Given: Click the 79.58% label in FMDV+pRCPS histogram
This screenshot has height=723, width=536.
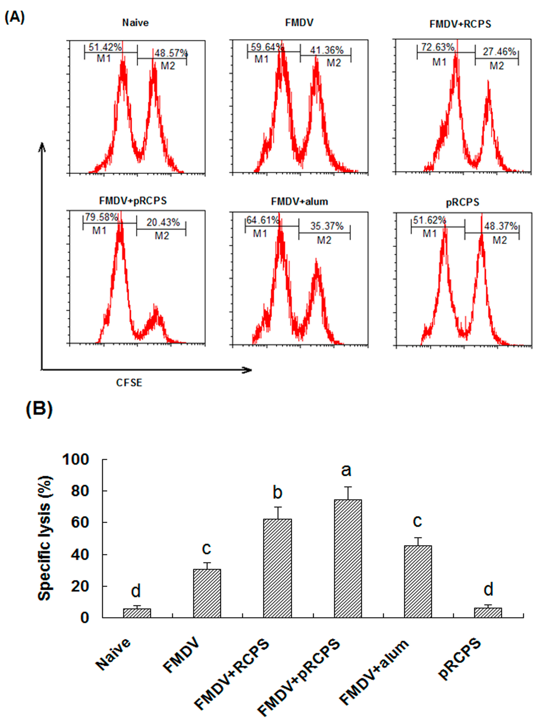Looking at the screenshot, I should pyautogui.click(x=101, y=217).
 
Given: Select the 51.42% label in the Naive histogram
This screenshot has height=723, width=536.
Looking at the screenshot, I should pyautogui.click(x=105, y=47).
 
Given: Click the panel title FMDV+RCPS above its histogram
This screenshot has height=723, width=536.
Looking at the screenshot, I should pyautogui.click(x=460, y=24).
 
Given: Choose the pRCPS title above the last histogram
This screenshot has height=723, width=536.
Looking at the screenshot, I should pyautogui.click(x=462, y=202).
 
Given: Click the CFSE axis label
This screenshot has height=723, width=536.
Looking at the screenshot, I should pyautogui.click(x=129, y=383).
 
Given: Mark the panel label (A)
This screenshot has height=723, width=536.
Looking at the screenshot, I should pyautogui.click(x=15, y=17).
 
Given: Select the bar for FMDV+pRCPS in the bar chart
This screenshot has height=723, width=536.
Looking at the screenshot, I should pyautogui.click(x=348, y=558).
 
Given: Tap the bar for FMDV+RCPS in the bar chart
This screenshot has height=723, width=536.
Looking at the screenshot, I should pyautogui.click(x=277, y=568).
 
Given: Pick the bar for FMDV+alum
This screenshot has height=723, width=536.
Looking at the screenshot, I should pyautogui.click(x=418, y=581).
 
